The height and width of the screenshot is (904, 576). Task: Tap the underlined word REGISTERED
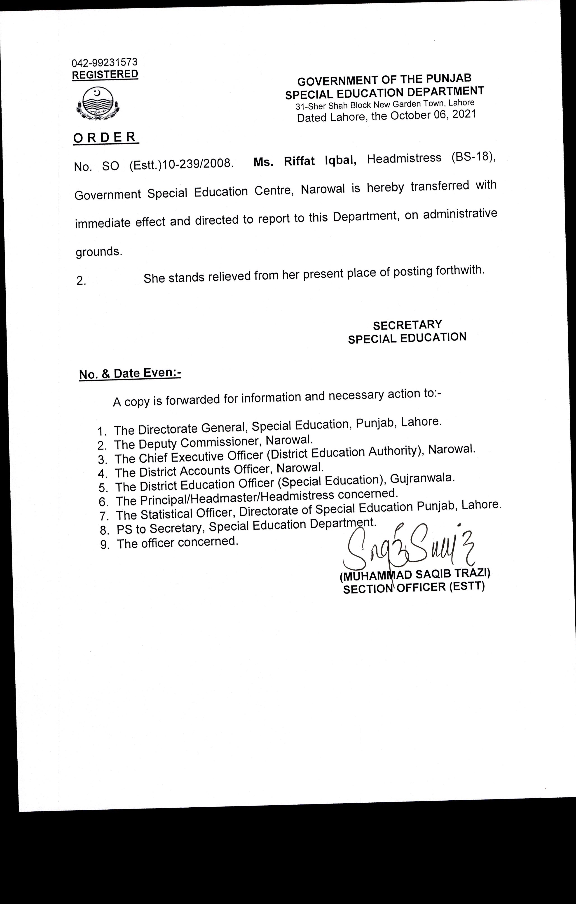pyautogui.click(x=105, y=74)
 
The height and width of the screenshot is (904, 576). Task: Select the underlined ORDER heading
pyautogui.click(x=105, y=138)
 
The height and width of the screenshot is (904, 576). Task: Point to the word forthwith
pyautogui.click(x=458, y=270)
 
